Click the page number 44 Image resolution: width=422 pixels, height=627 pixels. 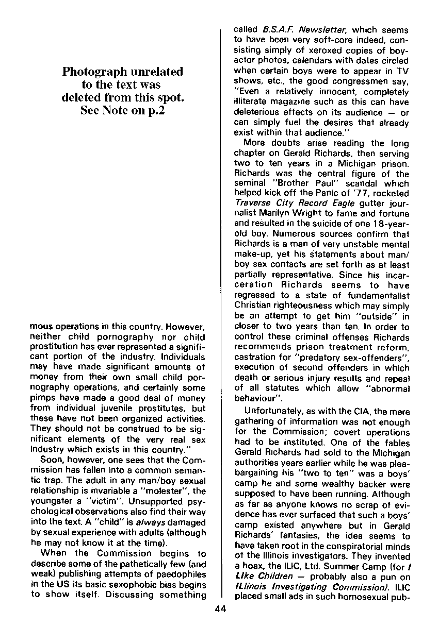pyautogui.click(x=220, y=609)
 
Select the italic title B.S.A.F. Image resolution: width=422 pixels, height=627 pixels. pyautogui.click(x=279, y=30)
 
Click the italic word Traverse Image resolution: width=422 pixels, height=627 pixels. pyautogui.click(x=253, y=202)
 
